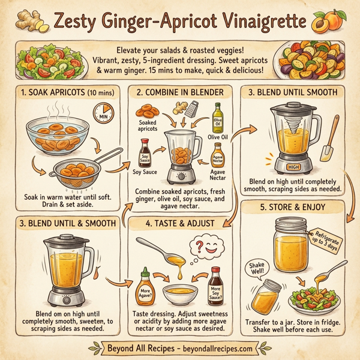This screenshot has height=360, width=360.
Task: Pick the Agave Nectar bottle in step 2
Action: (218, 158)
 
